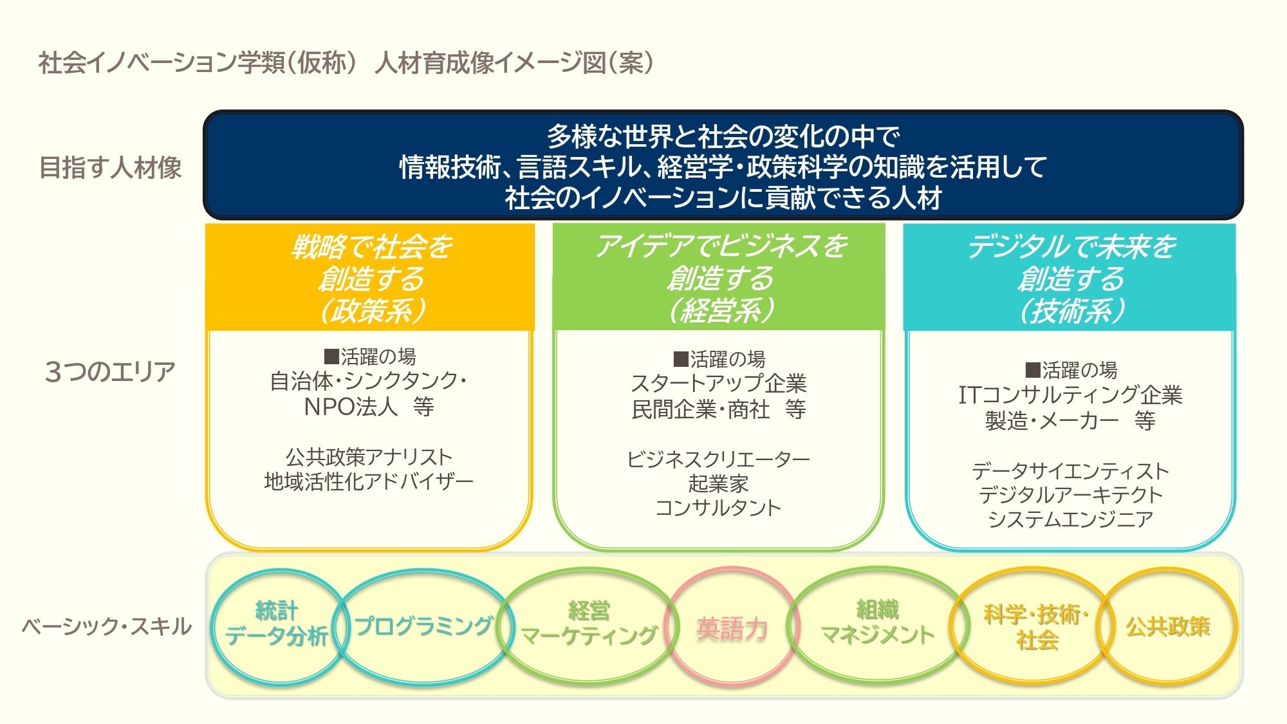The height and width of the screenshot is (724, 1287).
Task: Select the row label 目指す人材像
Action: point(110,167)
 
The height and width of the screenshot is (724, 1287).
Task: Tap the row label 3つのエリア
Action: point(110,371)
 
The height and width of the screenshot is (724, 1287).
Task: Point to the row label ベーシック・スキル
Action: point(107,626)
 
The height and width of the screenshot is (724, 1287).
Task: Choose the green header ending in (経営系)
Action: point(719,278)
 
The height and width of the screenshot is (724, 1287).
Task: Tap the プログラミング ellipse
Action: point(423,626)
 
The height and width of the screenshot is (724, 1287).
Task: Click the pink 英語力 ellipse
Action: point(732,628)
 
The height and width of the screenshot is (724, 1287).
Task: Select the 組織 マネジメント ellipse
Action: point(876,623)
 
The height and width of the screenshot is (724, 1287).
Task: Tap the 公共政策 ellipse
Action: point(1168,626)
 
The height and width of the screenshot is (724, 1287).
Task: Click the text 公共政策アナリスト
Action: point(369,457)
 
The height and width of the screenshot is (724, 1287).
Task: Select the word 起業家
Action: point(718,483)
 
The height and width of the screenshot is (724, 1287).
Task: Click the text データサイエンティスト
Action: point(1069,471)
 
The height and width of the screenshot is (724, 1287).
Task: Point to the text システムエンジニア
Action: point(1069,519)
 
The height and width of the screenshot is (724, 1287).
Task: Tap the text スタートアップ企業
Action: point(718,384)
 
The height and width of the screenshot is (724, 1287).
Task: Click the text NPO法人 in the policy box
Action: point(351,407)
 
